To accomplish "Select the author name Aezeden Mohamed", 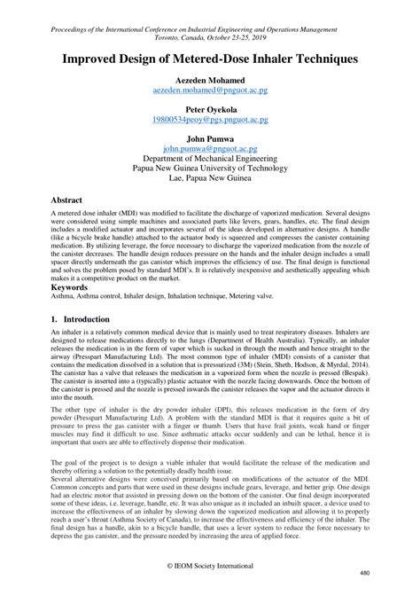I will [210, 80].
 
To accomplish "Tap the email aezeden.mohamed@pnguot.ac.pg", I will [210, 90].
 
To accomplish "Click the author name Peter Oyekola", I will [210, 110].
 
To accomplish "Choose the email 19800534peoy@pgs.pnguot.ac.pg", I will [210, 121].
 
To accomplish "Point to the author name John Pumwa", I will [210, 140].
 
